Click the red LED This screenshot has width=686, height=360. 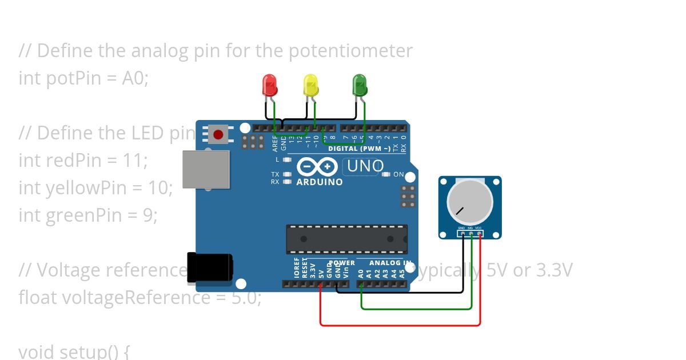tap(269, 85)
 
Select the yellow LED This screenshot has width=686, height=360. tap(310, 85)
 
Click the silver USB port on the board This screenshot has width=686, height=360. tap(206, 169)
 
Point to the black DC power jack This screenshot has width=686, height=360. tap(210, 267)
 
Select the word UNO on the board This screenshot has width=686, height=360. tap(365, 166)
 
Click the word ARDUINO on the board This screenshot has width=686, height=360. tap(320, 182)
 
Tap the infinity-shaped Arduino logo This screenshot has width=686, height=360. tap(316, 166)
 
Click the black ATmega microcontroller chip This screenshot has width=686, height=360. tap(346, 239)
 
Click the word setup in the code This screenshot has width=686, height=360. tap(81, 351)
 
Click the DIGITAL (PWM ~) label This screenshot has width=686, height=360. tap(359, 149)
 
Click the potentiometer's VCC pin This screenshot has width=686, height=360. tap(479, 234)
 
